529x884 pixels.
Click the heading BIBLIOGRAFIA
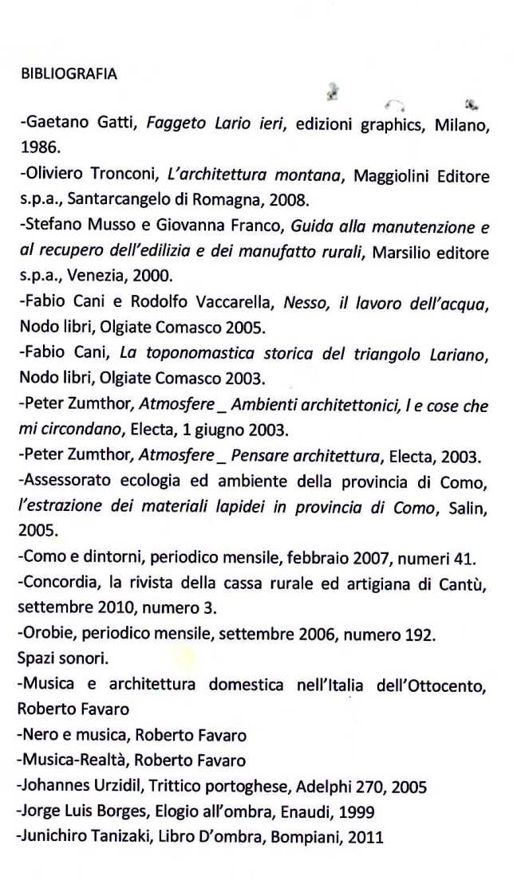click(69, 74)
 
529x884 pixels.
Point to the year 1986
click(37, 147)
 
